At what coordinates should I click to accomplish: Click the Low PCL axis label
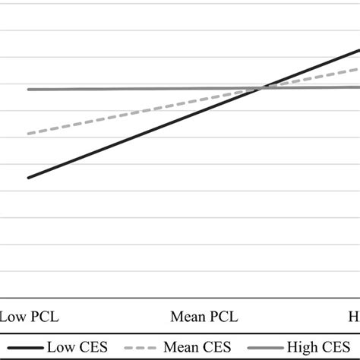click(29, 317)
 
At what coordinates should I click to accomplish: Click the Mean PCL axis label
click(205, 317)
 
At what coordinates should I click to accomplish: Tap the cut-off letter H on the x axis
click(354, 317)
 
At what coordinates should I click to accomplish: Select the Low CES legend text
click(78, 347)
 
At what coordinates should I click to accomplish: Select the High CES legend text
click(325, 347)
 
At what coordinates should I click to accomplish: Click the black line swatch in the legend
click(24, 348)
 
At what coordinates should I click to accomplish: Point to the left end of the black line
click(28, 178)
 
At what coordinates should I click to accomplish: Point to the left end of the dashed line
click(28, 134)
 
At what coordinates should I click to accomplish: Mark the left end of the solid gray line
click(28, 90)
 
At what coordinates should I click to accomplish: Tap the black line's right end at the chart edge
click(358, 50)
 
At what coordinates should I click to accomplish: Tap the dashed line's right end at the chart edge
click(358, 69)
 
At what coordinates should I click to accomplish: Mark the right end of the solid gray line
click(358, 87)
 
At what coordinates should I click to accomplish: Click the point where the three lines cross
click(261, 89)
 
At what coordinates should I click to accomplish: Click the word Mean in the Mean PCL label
click(190, 317)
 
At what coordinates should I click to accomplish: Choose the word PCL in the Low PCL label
click(43, 317)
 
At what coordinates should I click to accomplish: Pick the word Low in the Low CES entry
click(62, 347)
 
